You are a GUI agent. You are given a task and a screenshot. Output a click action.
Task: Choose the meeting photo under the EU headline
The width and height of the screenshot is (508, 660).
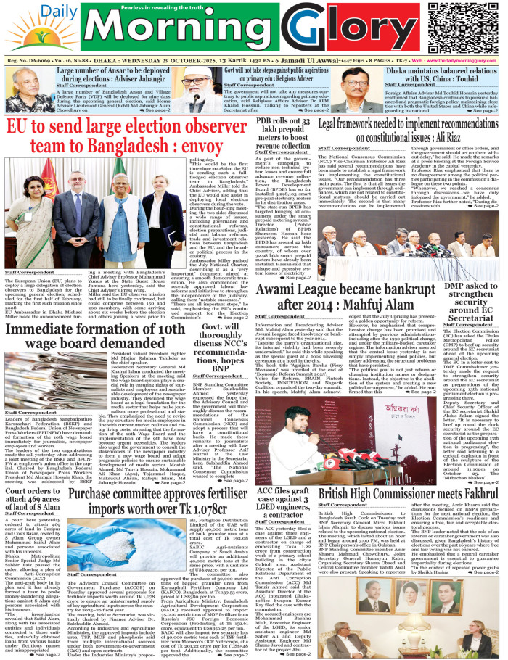click(x=93, y=214)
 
